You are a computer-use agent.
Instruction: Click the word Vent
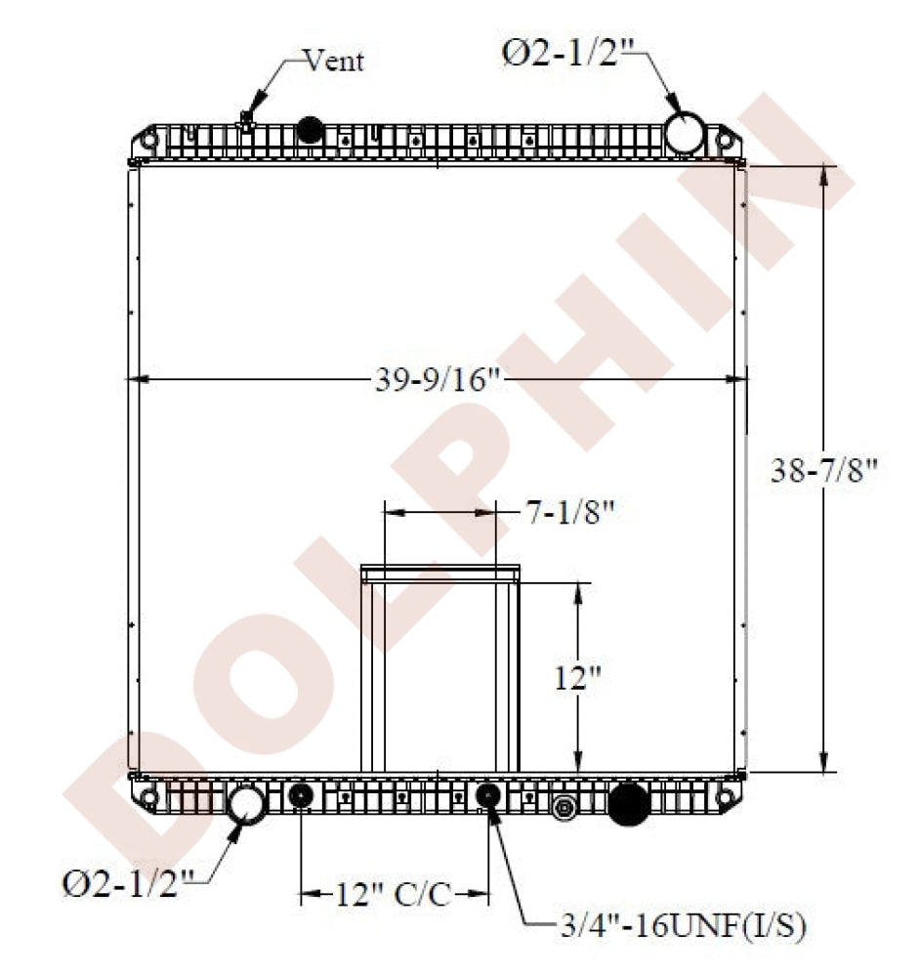click(334, 61)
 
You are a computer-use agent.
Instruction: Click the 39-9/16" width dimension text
click(438, 380)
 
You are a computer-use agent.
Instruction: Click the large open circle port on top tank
click(686, 133)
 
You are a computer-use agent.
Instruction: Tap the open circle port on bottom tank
click(245, 803)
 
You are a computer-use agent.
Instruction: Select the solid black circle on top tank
click(310, 129)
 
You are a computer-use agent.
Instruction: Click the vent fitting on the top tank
click(246, 122)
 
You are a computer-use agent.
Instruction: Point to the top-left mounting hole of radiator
click(148, 140)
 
